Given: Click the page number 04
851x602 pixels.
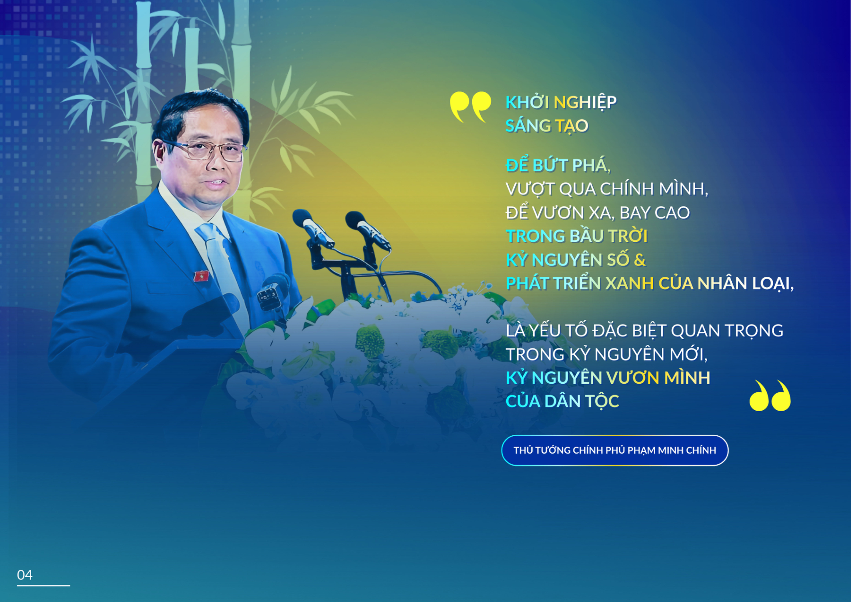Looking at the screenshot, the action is [25, 575].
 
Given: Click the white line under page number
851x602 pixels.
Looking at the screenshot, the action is [43, 586].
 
